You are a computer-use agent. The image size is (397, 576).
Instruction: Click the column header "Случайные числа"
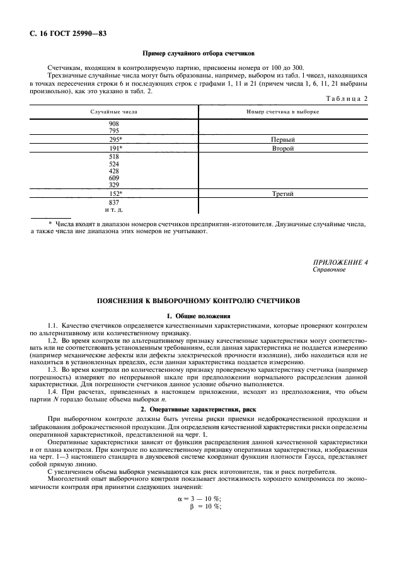coord(114,111)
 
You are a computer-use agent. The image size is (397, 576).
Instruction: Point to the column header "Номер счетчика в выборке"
coord(283,111)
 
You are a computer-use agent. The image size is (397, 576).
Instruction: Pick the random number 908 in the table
coord(114,124)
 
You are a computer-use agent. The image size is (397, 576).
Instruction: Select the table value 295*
coord(115,139)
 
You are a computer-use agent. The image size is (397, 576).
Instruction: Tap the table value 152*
coord(115,194)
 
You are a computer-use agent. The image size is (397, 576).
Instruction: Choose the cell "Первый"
coord(283,139)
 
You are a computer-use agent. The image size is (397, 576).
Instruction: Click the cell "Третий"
coord(283,194)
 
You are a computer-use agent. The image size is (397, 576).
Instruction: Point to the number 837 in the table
coord(114,202)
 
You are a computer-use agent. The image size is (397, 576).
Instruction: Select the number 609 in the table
coord(114,178)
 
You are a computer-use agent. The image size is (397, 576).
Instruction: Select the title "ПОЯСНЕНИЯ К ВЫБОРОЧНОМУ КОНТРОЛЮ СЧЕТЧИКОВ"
coord(198,301)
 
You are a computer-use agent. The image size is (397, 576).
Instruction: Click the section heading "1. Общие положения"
coord(198,315)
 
